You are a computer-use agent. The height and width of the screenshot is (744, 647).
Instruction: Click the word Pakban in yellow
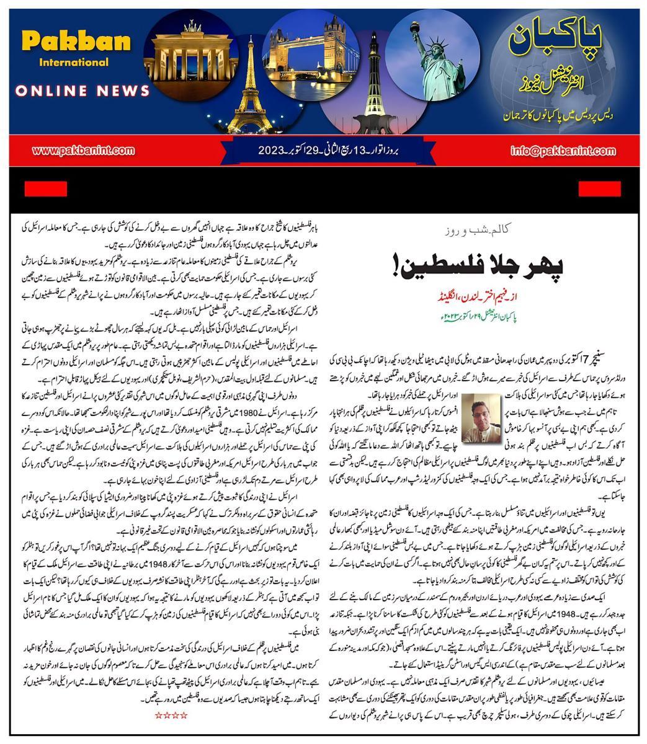pos(76,42)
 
